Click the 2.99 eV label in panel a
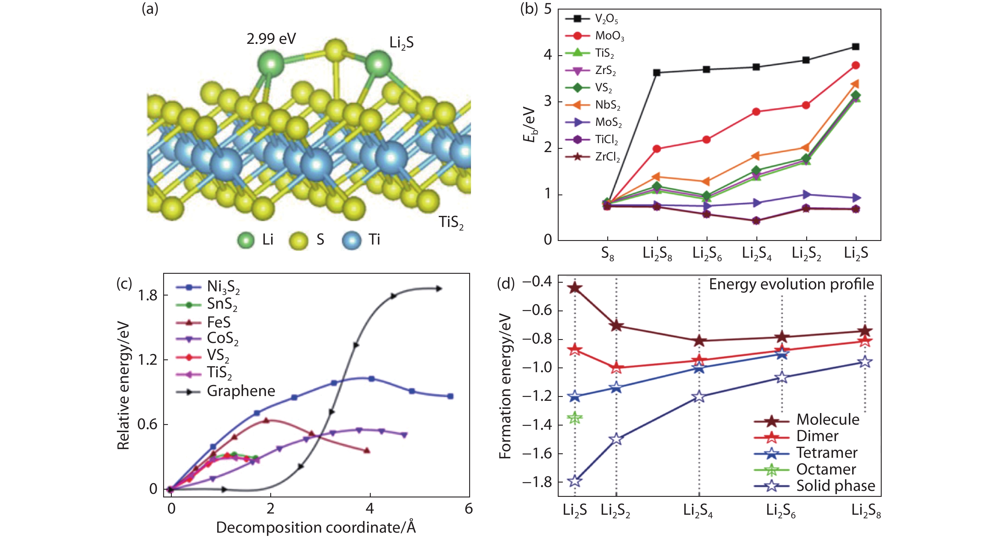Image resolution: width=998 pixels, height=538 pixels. [x=271, y=39]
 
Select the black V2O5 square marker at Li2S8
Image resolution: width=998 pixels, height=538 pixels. [x=657, y=72]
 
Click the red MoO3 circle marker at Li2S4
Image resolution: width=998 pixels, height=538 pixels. [x=756, y=112]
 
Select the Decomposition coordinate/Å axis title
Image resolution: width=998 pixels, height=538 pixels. [x=316, y=527]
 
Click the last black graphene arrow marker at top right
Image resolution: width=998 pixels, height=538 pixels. [x=438, y=289]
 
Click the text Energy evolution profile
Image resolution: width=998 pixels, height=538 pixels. [x=791, y=284]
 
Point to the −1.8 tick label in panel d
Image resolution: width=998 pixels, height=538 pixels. [x=537, y=482]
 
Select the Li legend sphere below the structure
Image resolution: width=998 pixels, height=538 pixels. [x=246, y=240]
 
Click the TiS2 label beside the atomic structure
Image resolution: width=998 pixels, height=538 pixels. [x=451, y=222]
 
